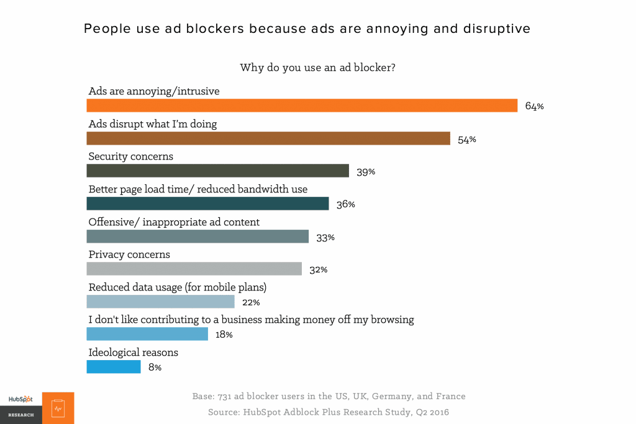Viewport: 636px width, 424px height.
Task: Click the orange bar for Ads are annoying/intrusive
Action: coord(302,106)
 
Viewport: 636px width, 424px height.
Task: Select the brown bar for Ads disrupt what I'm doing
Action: coord(268,138)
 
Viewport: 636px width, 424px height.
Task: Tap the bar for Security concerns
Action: coord(217,171)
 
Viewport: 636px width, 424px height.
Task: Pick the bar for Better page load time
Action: coord(207,204)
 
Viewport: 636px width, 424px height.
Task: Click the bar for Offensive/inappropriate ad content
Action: coord(198,237)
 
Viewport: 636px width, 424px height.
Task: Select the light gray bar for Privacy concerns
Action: coord(194,269)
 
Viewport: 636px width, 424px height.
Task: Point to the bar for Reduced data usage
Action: coord(160,302)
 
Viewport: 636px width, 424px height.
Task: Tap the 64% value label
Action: coord(534,106)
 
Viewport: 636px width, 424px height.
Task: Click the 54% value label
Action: coord(466,139)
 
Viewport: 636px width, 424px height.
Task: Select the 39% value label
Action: coord(366,172)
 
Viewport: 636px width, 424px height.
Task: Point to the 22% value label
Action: coord(251,302)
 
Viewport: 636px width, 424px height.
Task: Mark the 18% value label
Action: coord(224,335)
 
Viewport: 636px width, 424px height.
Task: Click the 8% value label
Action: coord(155,368)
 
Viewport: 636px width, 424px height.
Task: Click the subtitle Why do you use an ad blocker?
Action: coord(317,67)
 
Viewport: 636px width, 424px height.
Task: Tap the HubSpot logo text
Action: coord(20,400)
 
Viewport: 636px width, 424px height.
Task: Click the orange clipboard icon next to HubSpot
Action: coord(58,408)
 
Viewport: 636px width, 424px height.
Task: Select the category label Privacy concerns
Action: coord(129,255)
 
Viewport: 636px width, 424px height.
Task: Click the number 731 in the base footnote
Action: coord(225,396)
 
